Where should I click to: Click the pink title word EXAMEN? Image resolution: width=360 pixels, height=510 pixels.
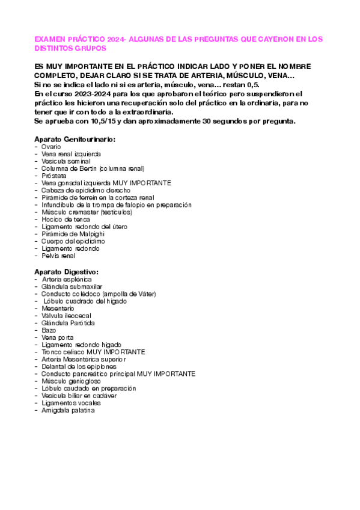[50, 39]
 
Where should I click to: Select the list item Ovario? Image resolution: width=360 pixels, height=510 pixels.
[52, 147]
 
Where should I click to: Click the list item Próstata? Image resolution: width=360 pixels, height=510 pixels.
[54, 176]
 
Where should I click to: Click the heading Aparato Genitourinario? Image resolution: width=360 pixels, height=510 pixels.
[75, 139]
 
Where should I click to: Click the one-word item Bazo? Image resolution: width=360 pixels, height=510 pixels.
[49, 330]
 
